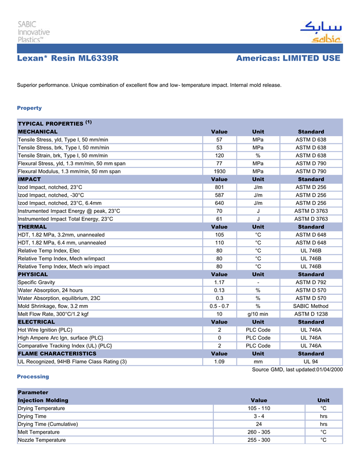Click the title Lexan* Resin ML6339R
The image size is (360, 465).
click(x=68, y=59)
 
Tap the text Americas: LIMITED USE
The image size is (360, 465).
click(x=288, y=59)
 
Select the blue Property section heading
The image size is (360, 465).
click(x=29, y=108)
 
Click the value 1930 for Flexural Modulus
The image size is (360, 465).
click(x=219, y=171)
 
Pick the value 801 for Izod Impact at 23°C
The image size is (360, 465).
click(x=219, y=188)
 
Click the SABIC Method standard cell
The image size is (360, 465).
click(x=311, y=306)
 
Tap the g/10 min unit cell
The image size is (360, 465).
click(x=258, y=314)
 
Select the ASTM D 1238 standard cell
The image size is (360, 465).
click(x=311, y=314)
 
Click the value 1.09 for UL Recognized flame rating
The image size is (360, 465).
click(x=219, y=362)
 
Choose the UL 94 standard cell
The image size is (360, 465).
click(x=311, y=362)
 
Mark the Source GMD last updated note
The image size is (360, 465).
click(x=297, y=370)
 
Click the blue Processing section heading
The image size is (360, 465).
click(x=33, y=377)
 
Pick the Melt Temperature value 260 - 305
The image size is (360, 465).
click(x=259, y=432)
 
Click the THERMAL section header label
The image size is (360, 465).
click(x=32, y=227)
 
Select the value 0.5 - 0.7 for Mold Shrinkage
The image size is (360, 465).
click(x=219, y=306)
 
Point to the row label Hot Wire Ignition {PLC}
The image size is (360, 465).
click(x=45, y=330)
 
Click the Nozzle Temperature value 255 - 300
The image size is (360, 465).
click(x=259, y=440)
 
